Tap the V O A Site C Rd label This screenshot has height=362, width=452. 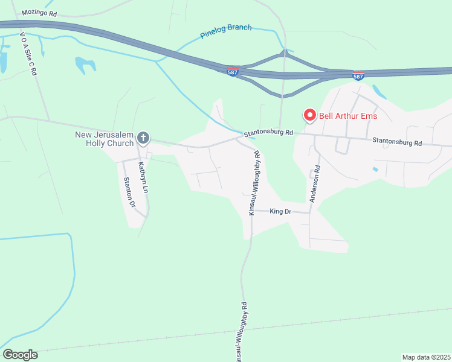pyautogui.click(x=28, y=54)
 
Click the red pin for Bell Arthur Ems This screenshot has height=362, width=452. pyautogui.click(x=310, y=114)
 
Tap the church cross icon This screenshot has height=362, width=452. pyautogui.click(x=143, y=138)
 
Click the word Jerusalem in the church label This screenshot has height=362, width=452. pyautogui.click(x=114, y=135)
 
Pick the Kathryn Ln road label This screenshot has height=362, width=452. pyautogui.click(x=143, y=176)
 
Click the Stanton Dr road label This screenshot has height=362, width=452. pyautogui.click(x=128, y=192)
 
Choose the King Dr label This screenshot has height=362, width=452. pyautogui.click(x=280, y=212)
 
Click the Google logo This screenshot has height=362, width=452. pyautogui.click(x=20, y=355)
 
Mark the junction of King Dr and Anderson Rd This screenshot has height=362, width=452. pyautogui.click(x=310, y=212)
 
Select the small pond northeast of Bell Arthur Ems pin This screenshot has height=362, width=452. pyautogui.click(x=379, y=92)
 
